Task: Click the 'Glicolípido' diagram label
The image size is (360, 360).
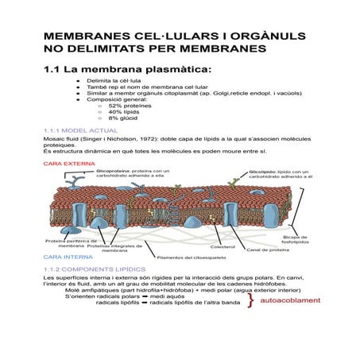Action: point(264,170)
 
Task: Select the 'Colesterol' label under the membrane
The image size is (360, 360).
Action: point(223,247)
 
